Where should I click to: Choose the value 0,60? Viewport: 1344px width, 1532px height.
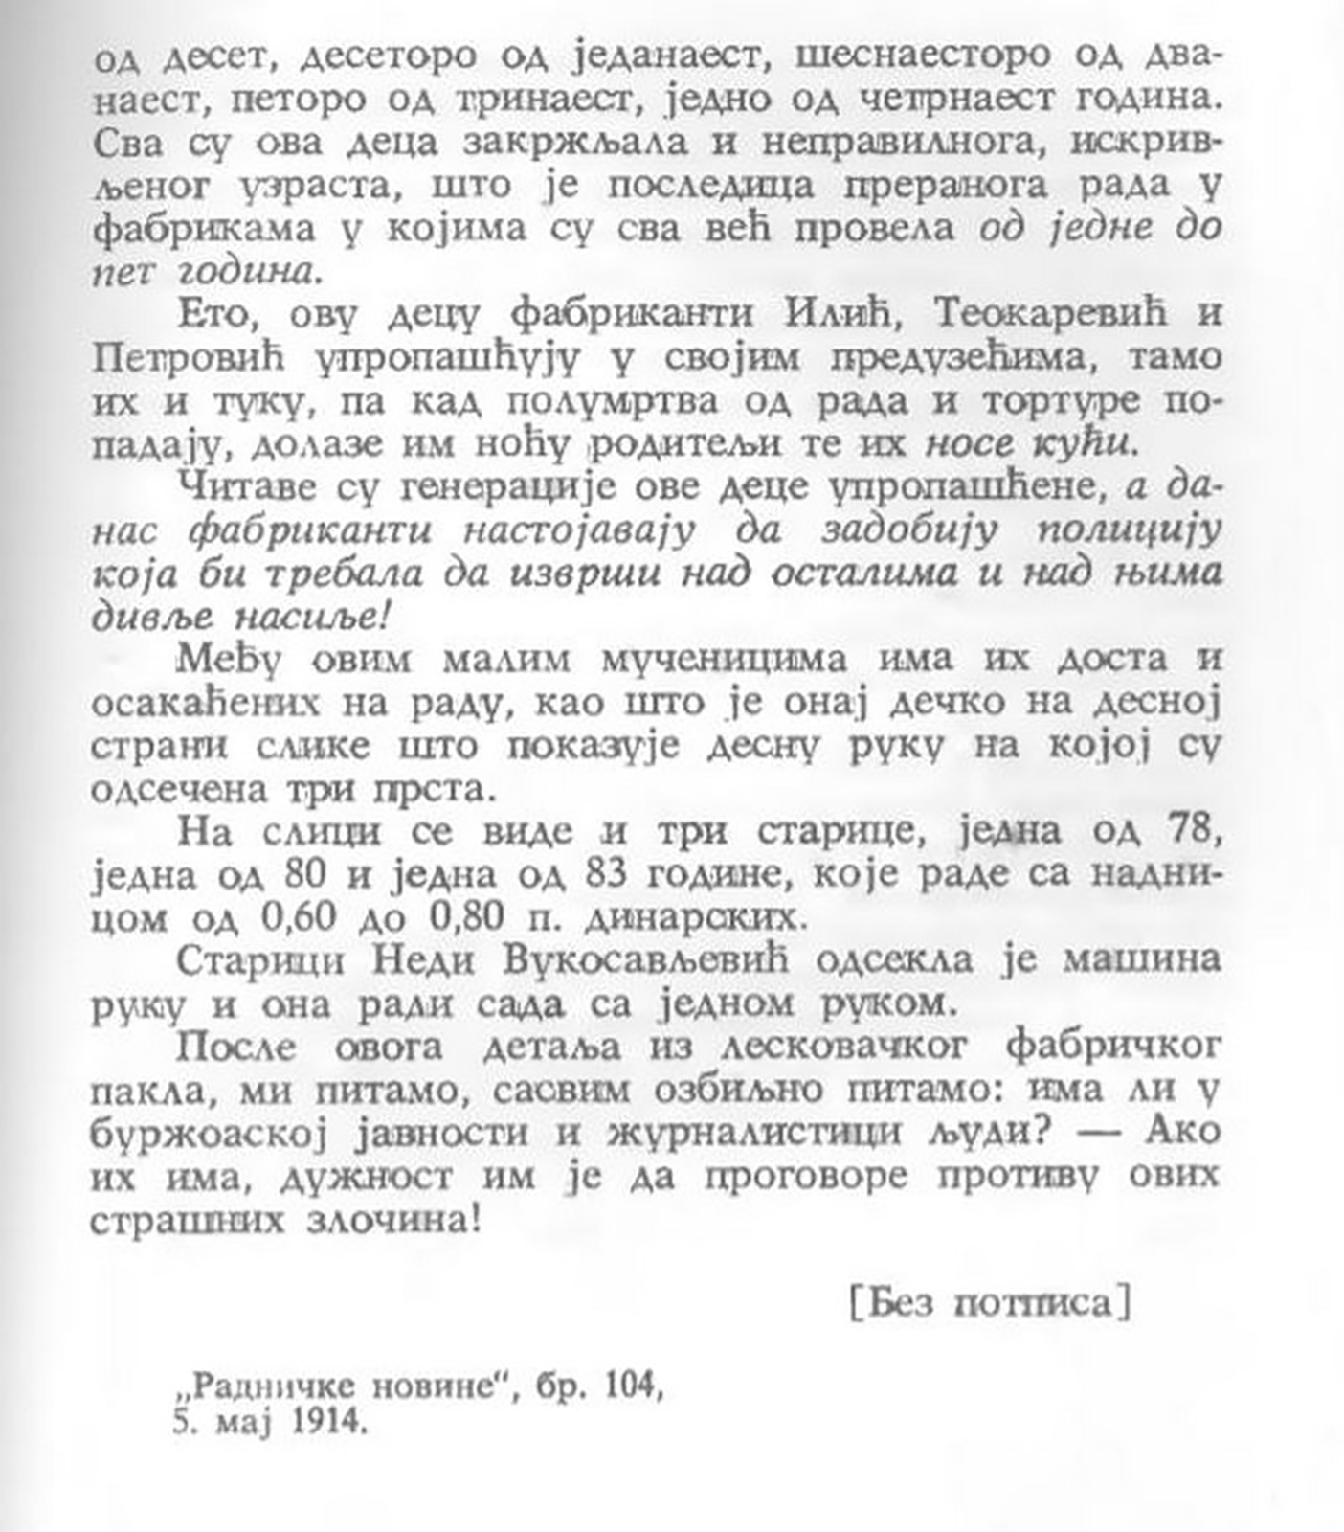tap(299, 917)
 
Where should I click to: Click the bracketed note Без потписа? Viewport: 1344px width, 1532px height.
tap(991, 1304)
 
